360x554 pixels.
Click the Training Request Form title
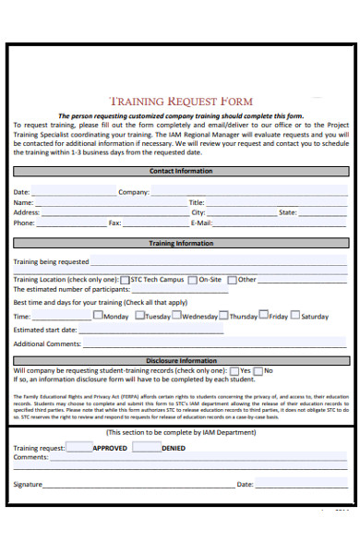pyautogui.click(x=181, y=101)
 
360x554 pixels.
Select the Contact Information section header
pyautogui.click(x=181, y=172)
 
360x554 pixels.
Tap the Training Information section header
pyautogui.click(x=181, y=244)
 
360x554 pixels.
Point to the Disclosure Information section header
pyautogui.click(x=181, y=361)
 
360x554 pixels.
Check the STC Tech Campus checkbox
pyautogui.click(x=125, y=279)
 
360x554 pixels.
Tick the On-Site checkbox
pyautogui.click(x=192, y=279)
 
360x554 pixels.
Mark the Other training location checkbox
pyautogui.click(x=232, y=279)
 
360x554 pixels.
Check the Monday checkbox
pyautogui.click(x=98, y=316)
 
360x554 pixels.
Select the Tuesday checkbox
pyautogui.click(x=139, y=316)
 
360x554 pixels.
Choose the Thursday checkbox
pyautogui.click(x=223, y=316)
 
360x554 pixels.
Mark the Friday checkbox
pyautogui.click(x=263, y=316)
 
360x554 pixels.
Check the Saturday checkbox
pyautogui.click(x=295, y=316)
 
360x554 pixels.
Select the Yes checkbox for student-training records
pyautogui.click(x=234, y=370)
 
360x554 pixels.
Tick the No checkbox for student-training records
pyautogui.click(x=258, y=370)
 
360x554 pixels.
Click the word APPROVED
pyautogui.click(x=110, y=448)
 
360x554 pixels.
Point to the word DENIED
pyautogui.click(x=173, y=448)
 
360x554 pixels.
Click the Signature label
pyautogui.click(x=28, y=484)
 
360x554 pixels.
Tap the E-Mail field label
pyautogui.click(x=201, y=223)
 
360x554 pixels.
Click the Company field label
pyautogui.click(x=134, y=192)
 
